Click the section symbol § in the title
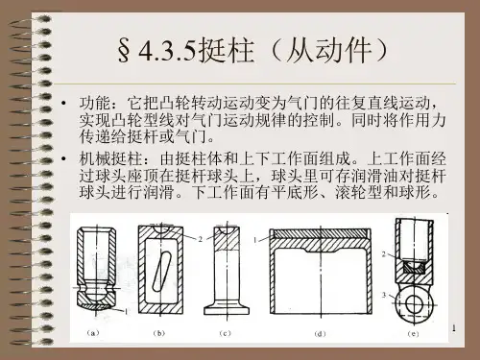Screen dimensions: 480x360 coord(124,51)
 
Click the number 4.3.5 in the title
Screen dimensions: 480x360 coord(167,51)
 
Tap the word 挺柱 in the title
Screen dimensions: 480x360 coord(227,51)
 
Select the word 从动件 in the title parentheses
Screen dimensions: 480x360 coord(329,51)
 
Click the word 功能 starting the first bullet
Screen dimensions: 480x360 coord(95,103)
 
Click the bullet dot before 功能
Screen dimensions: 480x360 coord(64,103)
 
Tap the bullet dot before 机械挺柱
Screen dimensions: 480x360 coord(64,158)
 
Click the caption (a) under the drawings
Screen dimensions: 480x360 coord(93,333)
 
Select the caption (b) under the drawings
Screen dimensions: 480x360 coord(159,333)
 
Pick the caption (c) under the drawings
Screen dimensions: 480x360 coord(225,333)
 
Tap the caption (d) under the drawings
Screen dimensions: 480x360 coord(320,334)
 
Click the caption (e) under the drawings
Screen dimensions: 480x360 coord(413,334)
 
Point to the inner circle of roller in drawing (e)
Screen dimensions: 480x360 coord(415,303)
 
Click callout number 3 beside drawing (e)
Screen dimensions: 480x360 coord(384,295)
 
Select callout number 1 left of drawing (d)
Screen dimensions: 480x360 coord(255,240)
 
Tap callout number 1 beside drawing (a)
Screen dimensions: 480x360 coord(127,311)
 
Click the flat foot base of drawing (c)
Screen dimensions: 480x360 coord(227,310)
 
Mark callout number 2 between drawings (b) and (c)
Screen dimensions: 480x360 coord(201,239)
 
